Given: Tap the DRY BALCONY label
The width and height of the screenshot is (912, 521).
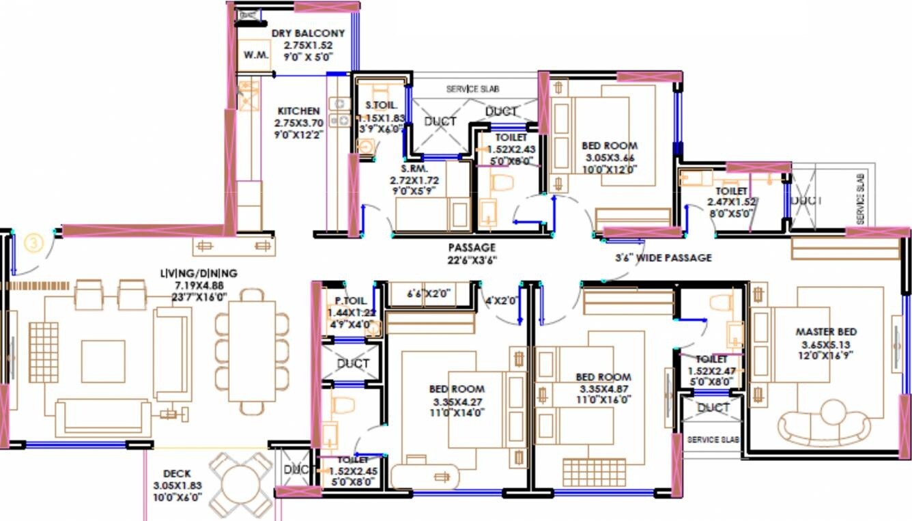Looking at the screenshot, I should [x=308, y=33].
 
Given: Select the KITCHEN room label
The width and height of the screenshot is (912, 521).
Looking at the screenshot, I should [x=298, y=111].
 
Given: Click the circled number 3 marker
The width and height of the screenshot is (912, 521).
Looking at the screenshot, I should [x=33, y=242].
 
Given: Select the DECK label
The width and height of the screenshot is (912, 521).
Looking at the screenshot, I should [x=177, y=473].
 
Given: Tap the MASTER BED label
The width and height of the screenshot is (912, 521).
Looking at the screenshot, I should [x=826, y=332].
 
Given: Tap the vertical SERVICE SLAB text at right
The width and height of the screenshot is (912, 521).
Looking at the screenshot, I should [x=860, y=199].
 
